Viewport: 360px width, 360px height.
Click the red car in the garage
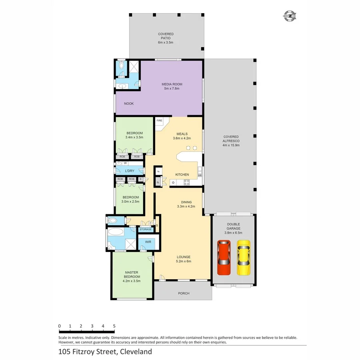(224, 258)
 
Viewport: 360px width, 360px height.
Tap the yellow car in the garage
(243, 258)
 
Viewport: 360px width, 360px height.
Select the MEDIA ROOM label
(172, 84)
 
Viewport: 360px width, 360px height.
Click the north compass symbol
(290, 16)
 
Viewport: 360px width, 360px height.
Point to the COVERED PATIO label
(166, 36)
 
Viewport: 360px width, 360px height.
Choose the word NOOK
(129, 104)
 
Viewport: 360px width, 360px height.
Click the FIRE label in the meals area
(159, 120)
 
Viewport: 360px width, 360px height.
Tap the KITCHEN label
(182, 174)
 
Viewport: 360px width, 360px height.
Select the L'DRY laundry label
(130, 171)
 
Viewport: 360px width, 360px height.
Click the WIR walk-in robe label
(148, 242)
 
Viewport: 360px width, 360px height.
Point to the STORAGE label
(146, 229)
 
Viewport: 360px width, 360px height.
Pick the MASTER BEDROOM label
(132, 275)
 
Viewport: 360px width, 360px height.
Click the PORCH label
(184, 293)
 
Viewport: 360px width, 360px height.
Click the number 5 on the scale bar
(114, 326)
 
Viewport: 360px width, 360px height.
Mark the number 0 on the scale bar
(59, 326)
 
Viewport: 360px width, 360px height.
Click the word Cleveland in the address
(134, 352)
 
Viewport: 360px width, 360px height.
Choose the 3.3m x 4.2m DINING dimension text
(186, 207)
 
